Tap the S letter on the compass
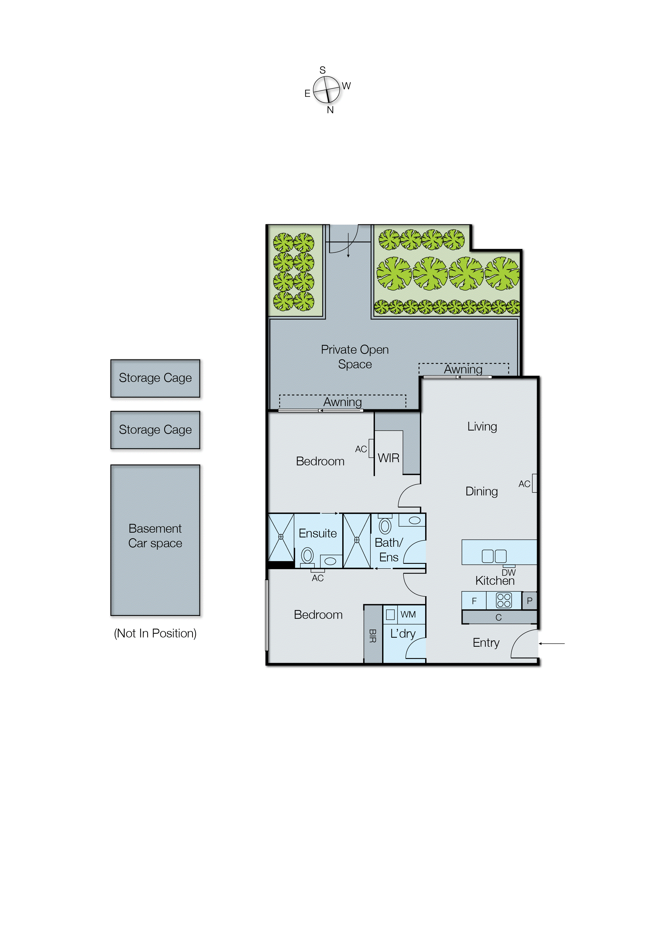point(323,70)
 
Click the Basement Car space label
point(155,536)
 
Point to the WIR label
point(388,458)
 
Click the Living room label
point(482,426)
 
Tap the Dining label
point(481,491)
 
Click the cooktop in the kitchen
point(504,600)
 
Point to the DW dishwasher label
point(508,573)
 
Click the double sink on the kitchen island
point(494,556)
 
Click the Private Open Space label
point(355,357)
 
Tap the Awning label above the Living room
point(463,369)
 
